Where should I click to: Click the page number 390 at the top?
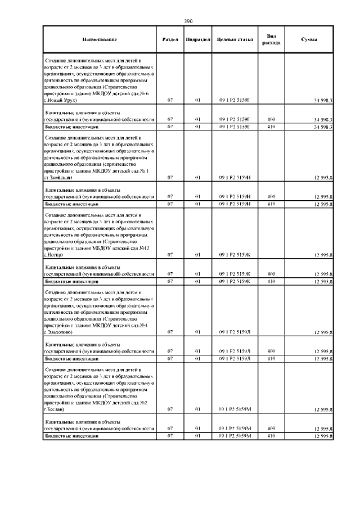[188, 21]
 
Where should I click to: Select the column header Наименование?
[99, 40]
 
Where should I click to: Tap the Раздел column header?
[170, 40]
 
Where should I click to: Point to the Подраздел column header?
[197, 40]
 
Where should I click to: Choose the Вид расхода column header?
[271, 39]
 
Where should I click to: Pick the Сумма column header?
[309, 40]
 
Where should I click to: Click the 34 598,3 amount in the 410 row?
[323, 127]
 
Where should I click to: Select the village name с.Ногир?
[53, 255]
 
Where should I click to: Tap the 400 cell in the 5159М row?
[271, 429]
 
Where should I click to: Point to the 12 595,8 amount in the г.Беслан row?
[323, 411]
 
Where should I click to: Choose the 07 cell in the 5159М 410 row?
[170, 436]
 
